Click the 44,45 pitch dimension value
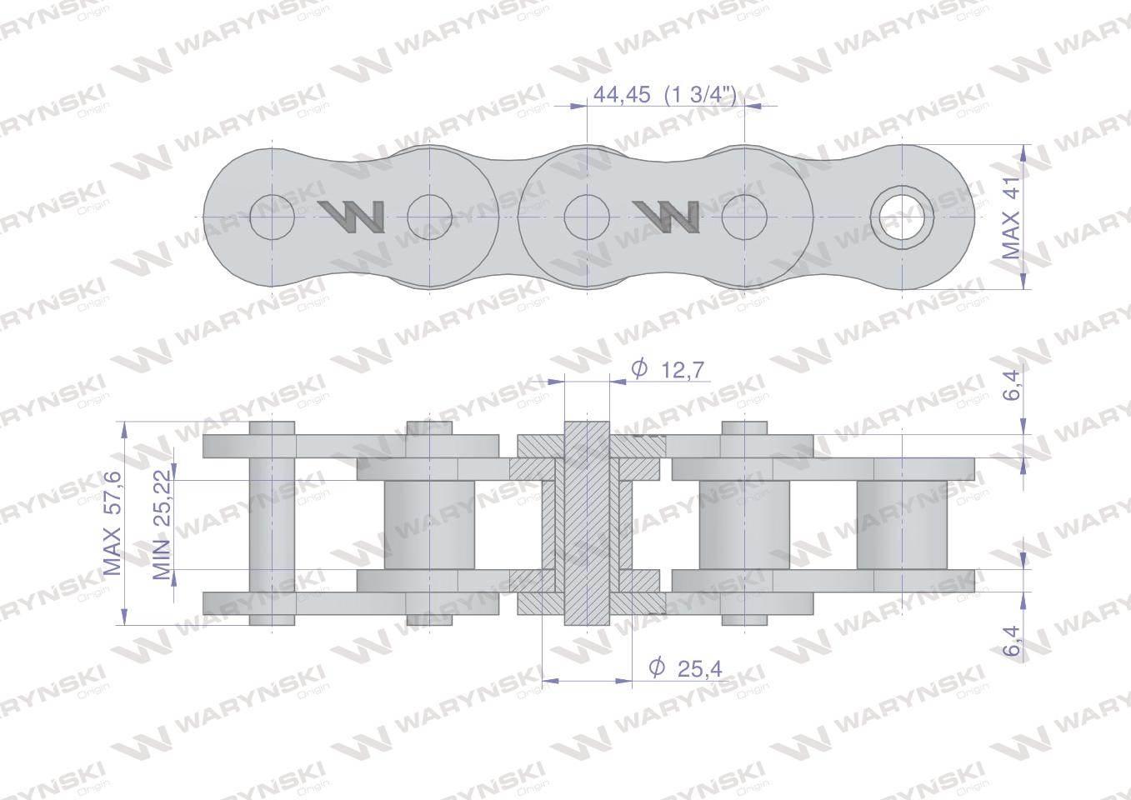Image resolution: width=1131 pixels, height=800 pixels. coord(622,95)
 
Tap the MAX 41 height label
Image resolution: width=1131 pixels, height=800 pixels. coord(1010,218)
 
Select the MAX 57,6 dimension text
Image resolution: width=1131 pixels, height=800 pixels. coord(113,523)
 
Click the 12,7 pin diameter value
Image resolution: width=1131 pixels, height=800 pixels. coord(682,371)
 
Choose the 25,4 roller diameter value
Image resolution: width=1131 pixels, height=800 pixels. coord(700,669)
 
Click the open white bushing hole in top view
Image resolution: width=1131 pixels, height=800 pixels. coord(903,217)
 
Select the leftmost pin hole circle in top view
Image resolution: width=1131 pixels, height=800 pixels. coord(273,217)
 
